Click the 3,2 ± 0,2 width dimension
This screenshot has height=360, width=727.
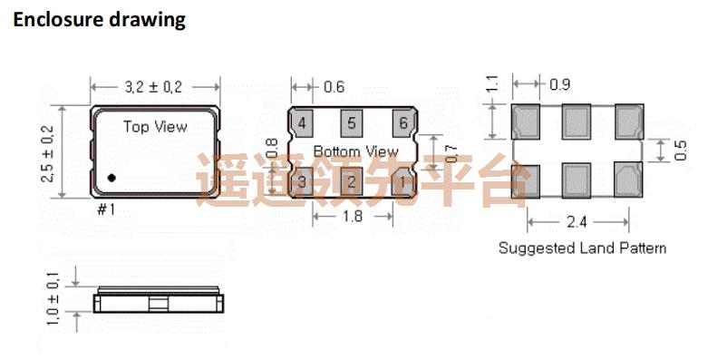point(155,86)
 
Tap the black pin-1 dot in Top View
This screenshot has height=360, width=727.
point(111,178)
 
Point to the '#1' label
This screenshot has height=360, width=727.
point(105,210)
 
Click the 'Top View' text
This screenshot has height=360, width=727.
point(155,127)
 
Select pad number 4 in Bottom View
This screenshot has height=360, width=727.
point(302,122)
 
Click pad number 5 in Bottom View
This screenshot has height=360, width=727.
point(353,122)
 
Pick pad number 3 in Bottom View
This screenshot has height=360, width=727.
point(302,182)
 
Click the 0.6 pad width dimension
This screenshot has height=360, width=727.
point(334,87)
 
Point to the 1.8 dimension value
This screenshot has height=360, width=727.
point(354,217)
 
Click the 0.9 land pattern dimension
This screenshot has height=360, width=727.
point(559,85)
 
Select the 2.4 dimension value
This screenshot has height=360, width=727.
point(577,220)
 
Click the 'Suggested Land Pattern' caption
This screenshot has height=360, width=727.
point(582,248)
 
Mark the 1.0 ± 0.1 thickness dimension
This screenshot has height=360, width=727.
point(53,299)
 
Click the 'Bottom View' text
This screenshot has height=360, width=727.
point(355,151)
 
